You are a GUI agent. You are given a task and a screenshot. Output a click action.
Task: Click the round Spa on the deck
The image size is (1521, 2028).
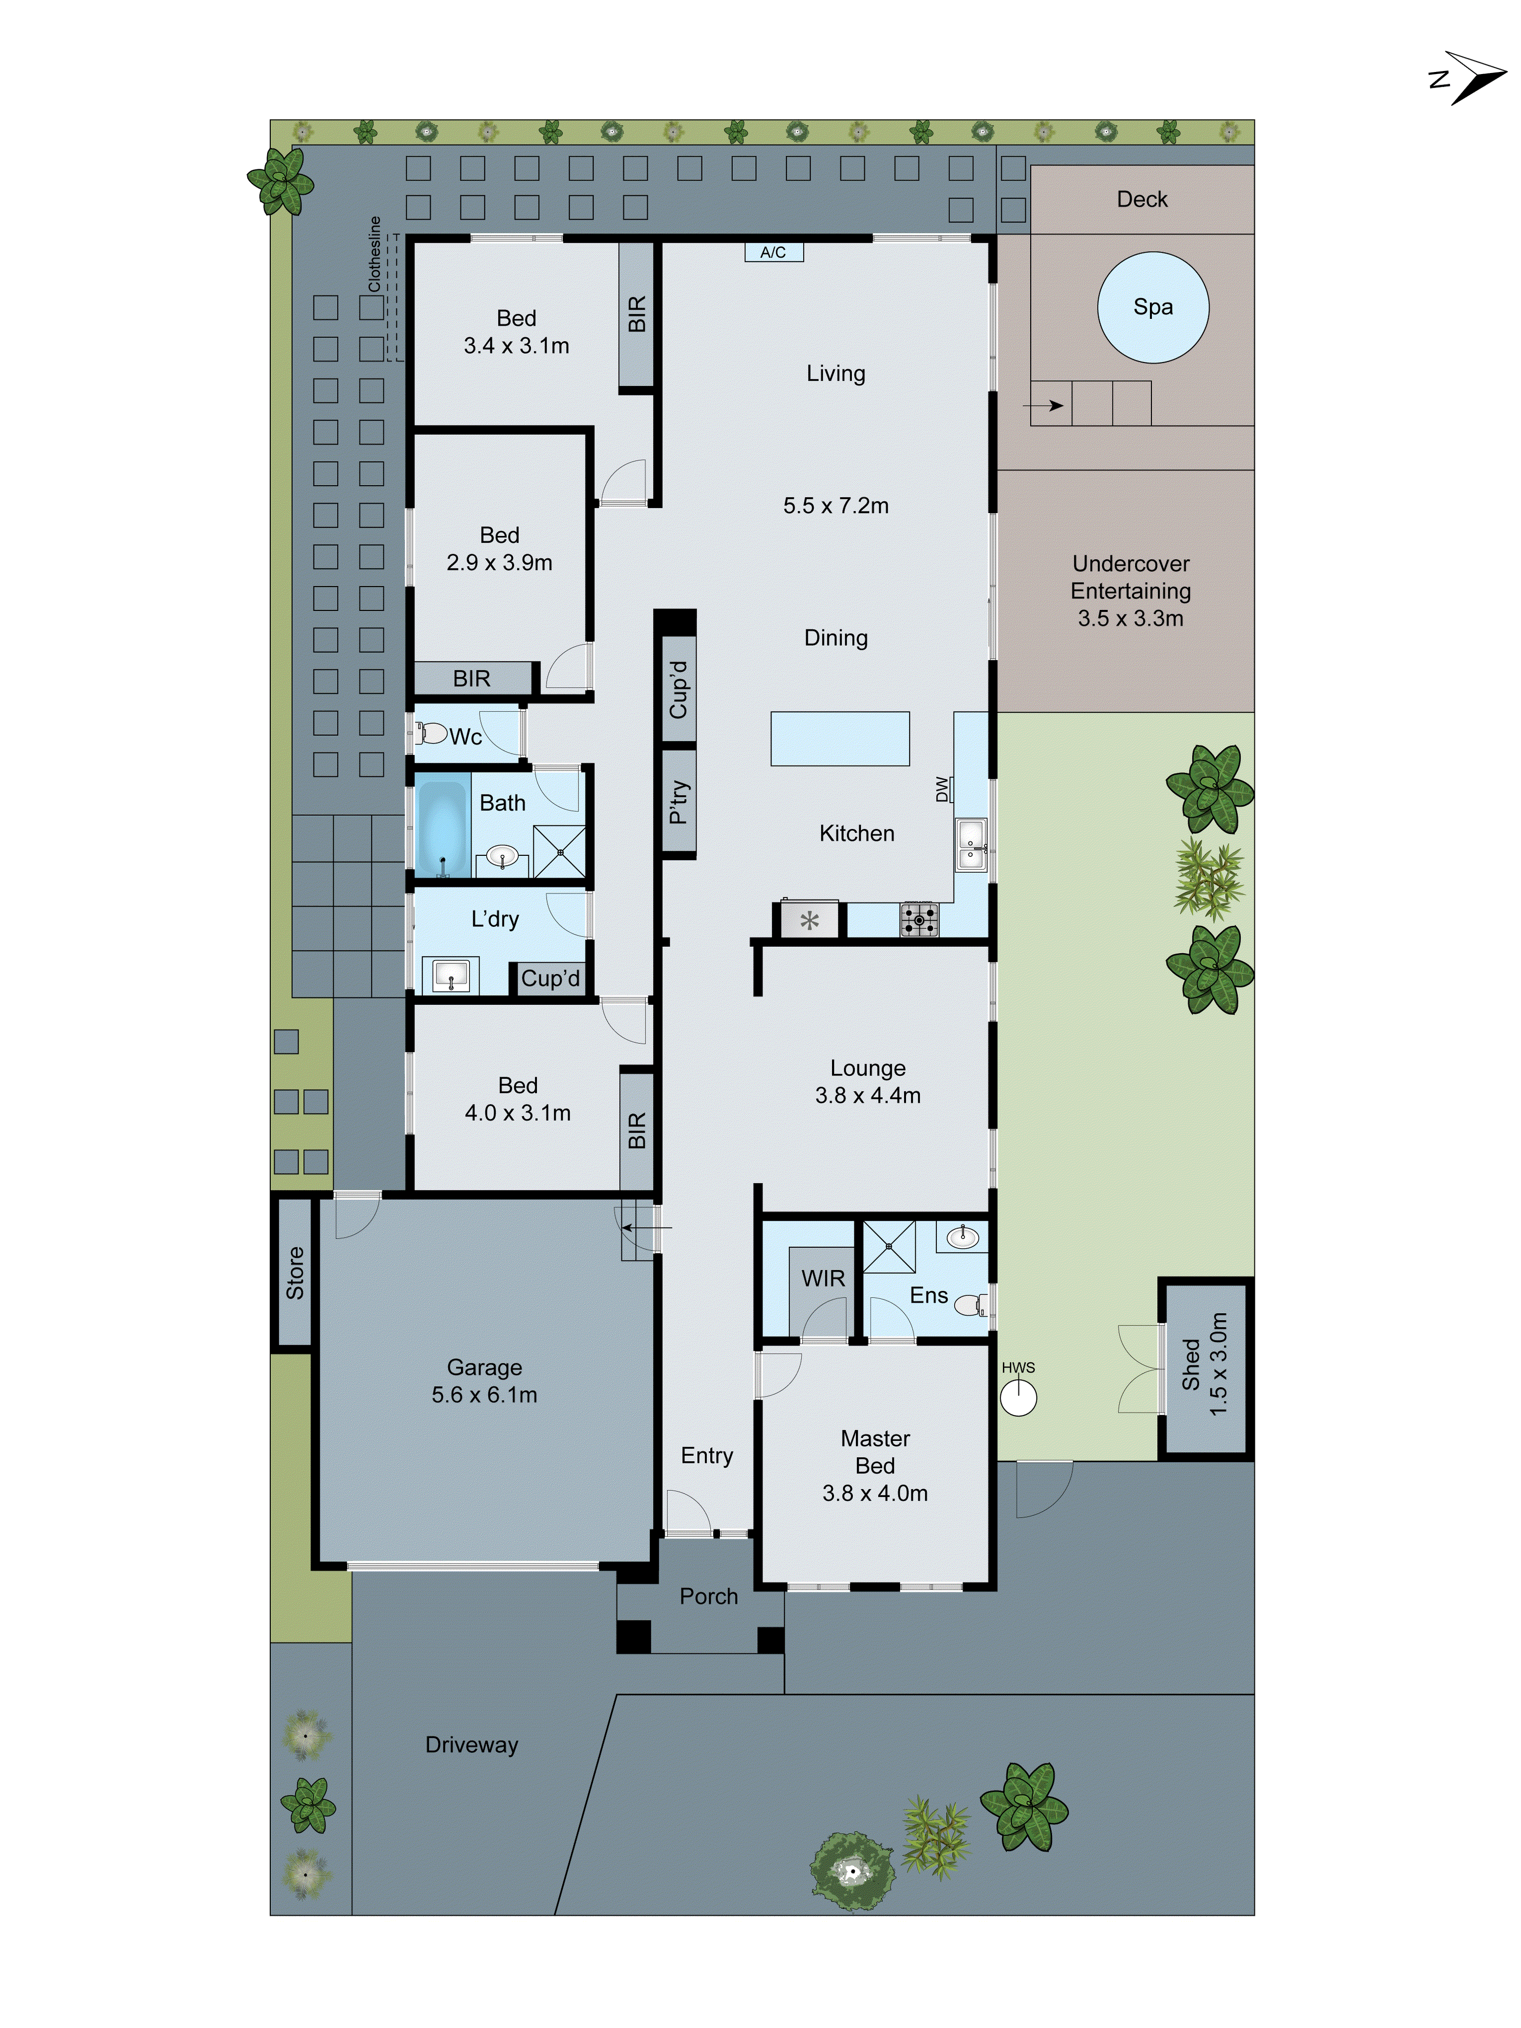click(1152, 307)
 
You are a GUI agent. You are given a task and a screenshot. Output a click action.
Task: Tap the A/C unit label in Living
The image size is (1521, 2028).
click(773, 252)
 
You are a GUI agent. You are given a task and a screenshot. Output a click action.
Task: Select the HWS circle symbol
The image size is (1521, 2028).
click(1018, 1398)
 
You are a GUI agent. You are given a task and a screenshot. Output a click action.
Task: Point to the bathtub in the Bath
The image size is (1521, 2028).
click(442, 827)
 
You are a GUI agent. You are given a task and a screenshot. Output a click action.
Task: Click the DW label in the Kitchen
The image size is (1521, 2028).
click(941, 789)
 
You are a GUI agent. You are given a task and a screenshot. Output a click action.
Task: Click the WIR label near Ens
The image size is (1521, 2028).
click(822, 1278)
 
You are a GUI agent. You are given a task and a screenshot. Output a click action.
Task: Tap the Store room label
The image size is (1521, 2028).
click(294, 1273)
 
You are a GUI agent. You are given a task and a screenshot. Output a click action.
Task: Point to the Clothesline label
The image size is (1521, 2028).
click(374, 254)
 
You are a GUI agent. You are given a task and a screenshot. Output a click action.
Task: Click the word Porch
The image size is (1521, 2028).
click(708, 1596)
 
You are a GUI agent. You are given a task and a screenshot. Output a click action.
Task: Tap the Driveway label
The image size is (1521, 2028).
click(471, 1745)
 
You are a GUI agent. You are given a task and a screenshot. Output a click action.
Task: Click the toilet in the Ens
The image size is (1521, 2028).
click(970, 1303)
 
